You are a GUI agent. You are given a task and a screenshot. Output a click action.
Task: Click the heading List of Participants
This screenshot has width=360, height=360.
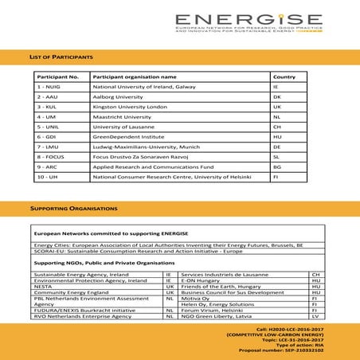tap(61, 57)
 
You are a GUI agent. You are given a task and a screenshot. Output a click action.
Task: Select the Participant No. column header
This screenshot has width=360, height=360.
tap(57, 76)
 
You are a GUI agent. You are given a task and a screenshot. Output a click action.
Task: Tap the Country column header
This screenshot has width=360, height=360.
tap(284, 76)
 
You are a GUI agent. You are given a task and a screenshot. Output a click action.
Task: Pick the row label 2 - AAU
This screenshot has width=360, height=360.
tap(48, 96)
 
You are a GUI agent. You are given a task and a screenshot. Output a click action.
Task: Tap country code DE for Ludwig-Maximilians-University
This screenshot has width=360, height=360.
tap(276, 147)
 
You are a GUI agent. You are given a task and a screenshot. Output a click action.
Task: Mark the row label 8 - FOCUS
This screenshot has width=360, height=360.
tap(53, 157)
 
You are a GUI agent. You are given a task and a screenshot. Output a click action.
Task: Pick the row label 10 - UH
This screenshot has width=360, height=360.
tap(49, 178)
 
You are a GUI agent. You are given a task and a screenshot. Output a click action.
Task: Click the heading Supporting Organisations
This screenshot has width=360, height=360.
tap(73, 208)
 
